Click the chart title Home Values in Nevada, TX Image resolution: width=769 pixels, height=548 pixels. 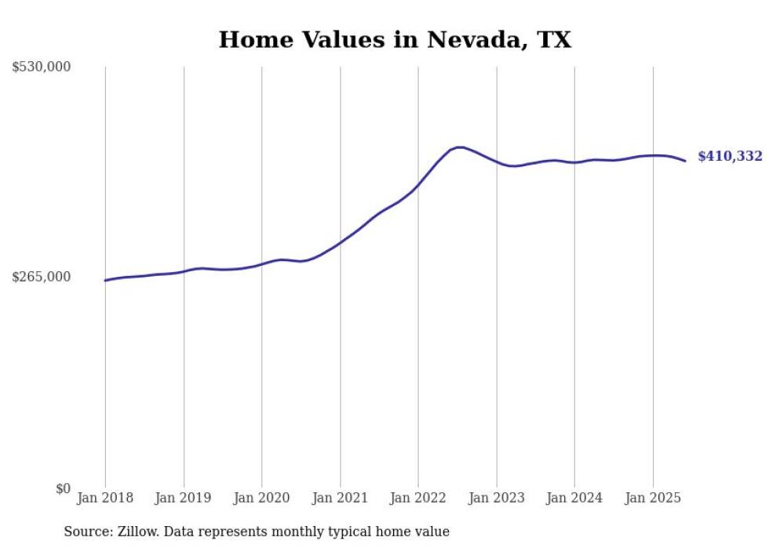coord(395,39)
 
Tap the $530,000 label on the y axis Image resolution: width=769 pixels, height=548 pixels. coord(42,67)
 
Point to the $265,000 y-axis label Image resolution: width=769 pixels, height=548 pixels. coord(42,277)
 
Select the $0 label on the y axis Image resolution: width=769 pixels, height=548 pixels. coord(63,488)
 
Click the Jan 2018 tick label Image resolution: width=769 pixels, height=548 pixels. coord(105,498)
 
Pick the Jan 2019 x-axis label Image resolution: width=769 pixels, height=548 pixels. coord(184,498)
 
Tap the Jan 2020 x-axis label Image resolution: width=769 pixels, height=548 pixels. coord(262,498)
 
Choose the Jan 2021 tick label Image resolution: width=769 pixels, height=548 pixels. coord(340,498)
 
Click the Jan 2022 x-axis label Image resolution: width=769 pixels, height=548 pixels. coord(418,498)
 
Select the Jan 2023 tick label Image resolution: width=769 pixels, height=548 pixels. coord(496,498)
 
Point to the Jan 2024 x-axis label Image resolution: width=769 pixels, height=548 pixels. coord(574,498)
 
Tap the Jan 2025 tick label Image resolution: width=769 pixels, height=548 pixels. coord(653,498)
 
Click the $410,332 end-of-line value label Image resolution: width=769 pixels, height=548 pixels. coord(730,157)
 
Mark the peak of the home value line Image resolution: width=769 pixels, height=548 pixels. coord(460,147)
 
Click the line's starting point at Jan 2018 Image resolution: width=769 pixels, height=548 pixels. coord(105,280)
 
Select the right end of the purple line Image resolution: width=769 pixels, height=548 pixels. coord(686,161)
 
